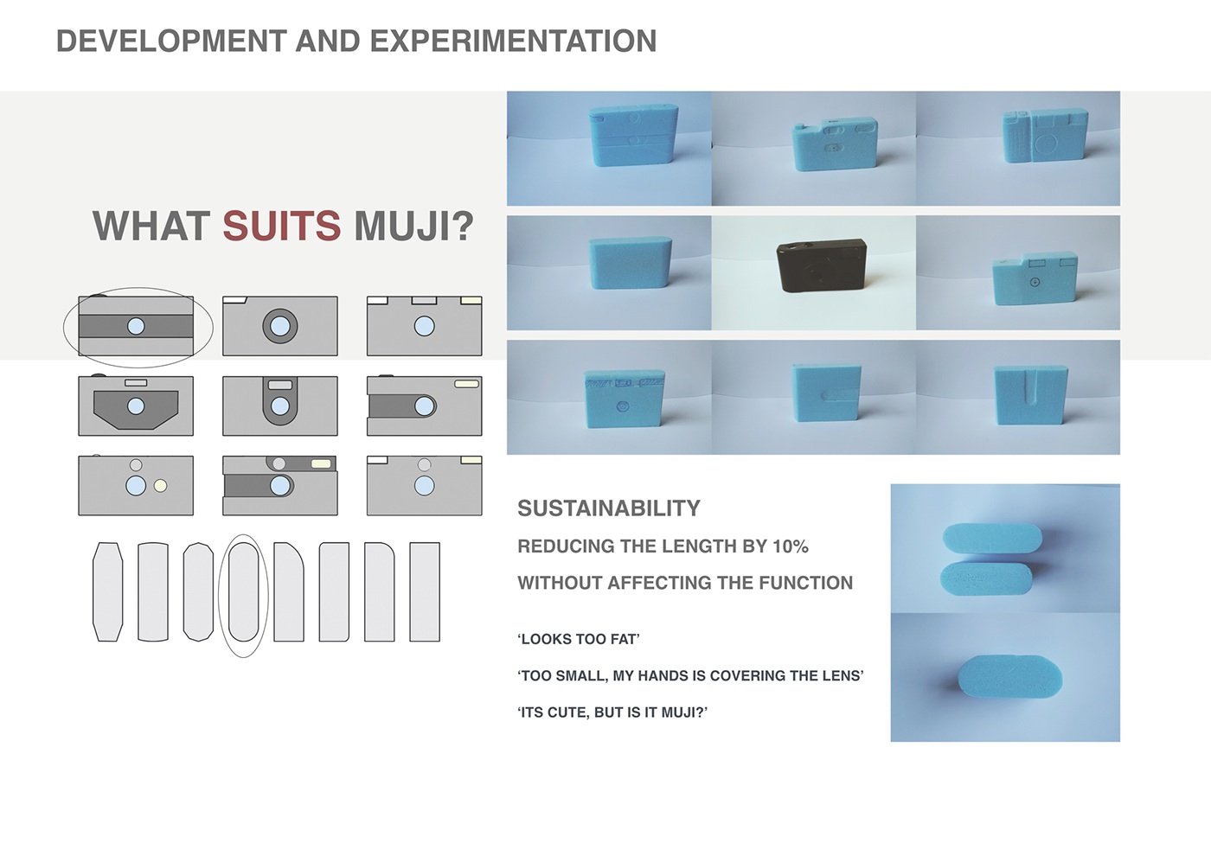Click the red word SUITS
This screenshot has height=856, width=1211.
click(x=281, y=227)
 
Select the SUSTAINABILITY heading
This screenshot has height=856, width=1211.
click(x=609, y=508)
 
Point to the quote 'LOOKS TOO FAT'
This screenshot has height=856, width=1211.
click(x=579, y=640)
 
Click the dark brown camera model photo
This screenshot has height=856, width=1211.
click(x=818, y=265)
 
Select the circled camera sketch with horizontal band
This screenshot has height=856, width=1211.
click(x=136, y=326)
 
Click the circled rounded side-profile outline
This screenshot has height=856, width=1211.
click(x=243, y=592)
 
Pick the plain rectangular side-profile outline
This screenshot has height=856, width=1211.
click(x=425, y=592)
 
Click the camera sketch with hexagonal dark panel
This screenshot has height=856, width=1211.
click(x=136, y=406)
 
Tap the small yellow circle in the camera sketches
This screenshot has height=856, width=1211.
click(x=160, y=486)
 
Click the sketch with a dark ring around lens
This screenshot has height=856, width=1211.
click(x=280, y=326)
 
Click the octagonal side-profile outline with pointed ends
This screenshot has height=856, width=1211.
click(x=108, y=592)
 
